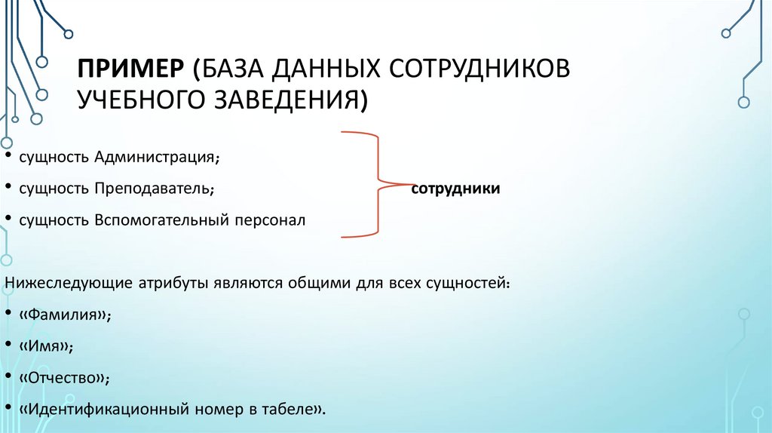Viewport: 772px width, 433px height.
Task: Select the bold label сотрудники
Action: click(x=455, y=188)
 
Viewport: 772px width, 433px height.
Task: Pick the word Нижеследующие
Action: click(x=69, y=284)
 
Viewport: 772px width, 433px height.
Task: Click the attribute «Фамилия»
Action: click(x=65, y=316)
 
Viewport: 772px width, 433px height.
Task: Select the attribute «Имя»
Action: click(x=47, y=347)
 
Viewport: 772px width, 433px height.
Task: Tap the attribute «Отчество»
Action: click(x=66, y=378)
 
